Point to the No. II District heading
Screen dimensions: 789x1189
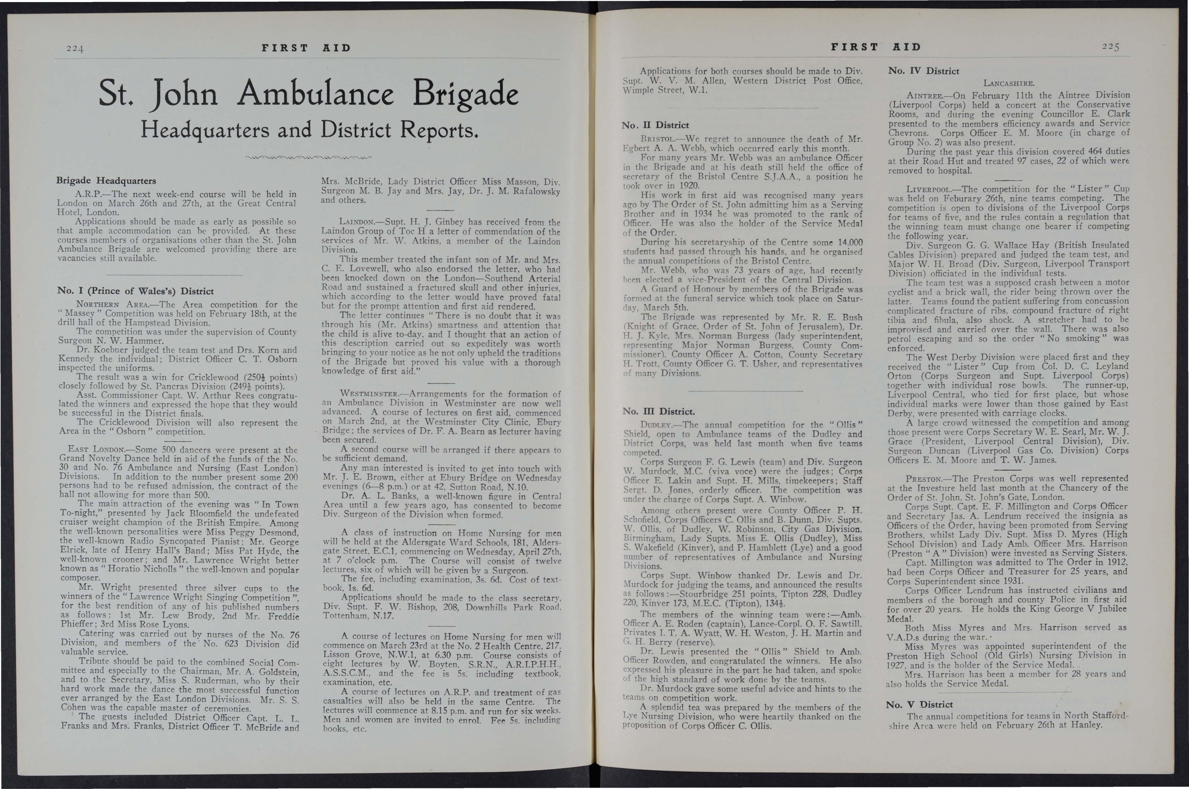click(655, 125)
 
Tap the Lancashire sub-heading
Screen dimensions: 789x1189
click(1008, 83)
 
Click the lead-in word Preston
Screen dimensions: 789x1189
click(925, 479)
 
